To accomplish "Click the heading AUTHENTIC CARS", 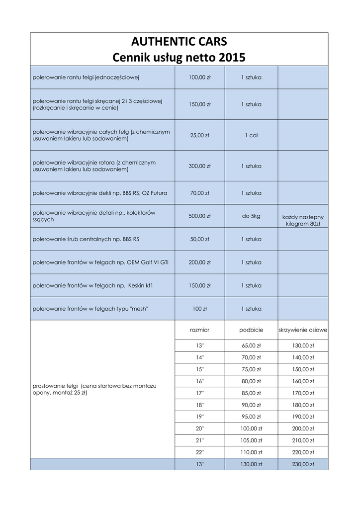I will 179,41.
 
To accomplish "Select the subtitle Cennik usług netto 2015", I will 179,58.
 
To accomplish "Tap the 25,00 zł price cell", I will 199,135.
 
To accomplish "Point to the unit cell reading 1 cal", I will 251,135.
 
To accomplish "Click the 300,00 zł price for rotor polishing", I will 199,166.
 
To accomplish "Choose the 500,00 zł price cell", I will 199,216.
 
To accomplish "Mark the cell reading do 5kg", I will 251,216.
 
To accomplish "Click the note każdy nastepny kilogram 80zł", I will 303,220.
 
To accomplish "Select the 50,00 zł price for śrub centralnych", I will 199,239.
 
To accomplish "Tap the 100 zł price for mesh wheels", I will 199,309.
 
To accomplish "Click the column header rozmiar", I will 199,330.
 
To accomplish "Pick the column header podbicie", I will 251,330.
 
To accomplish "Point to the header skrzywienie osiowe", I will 303,330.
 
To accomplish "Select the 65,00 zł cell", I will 251,346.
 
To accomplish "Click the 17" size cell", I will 199,393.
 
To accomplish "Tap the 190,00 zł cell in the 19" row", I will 303,417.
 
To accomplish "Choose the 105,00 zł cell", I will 251,440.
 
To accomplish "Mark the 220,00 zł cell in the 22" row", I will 303,452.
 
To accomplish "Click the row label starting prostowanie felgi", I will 94,389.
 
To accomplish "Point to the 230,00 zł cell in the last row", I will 303,464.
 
